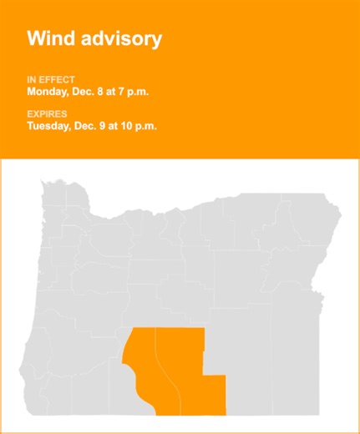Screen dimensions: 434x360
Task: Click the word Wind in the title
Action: (50, 38)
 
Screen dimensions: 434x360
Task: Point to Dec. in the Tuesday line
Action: (93, 127)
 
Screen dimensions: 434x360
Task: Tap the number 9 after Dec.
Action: (111, 127)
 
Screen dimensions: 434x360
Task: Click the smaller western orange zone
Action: (143, 359)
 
